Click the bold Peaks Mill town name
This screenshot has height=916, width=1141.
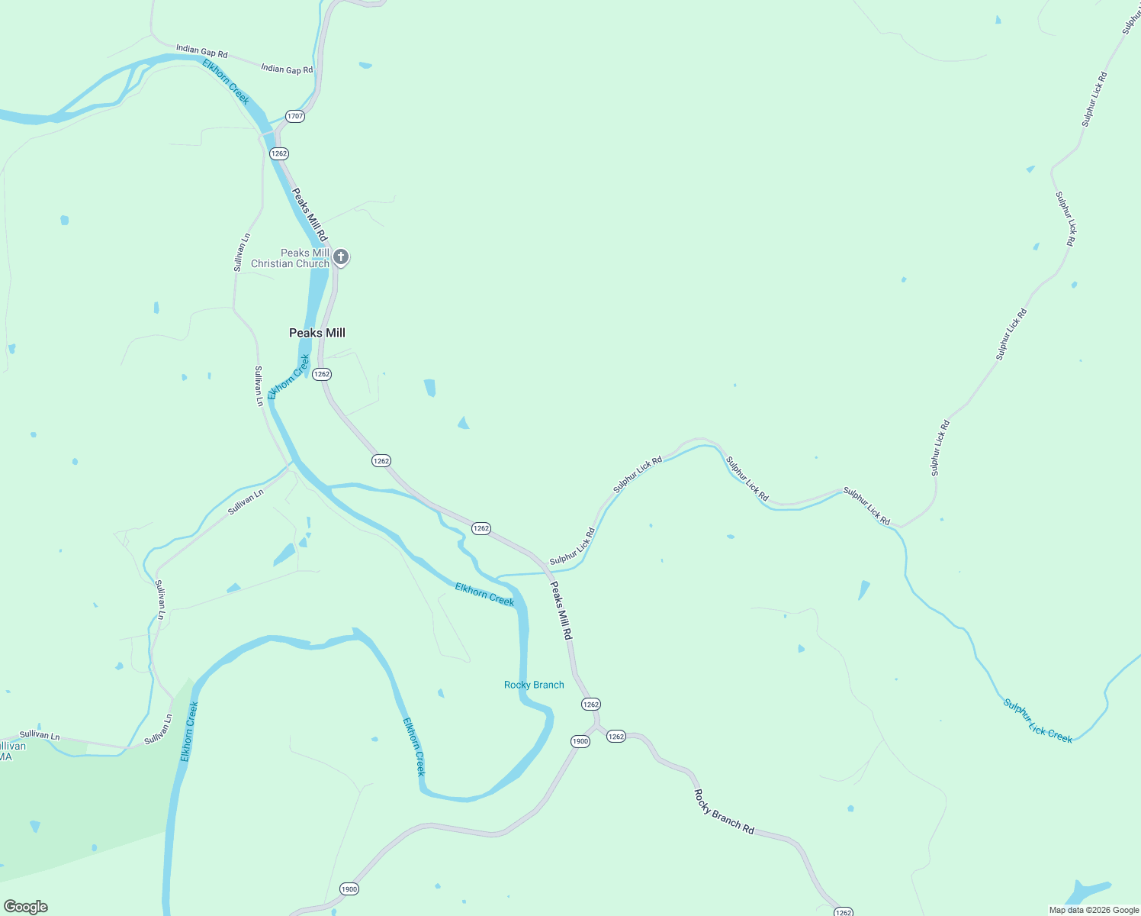(x=317, y=333)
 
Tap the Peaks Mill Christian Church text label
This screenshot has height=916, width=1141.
(x=291, y=258)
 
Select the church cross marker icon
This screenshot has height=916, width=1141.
(x=341, y=257)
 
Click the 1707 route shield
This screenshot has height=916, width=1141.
(x=295, y=117)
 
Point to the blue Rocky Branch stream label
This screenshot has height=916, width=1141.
(x=534, y=685)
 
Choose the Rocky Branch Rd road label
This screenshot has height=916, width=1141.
(x=724, y=811)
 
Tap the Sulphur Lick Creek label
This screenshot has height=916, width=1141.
(x=1037, y=721)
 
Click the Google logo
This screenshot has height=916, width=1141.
(x=26, y=907)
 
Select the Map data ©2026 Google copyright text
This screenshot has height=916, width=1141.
(x=1094, y=910)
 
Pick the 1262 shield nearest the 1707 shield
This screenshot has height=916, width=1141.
(x=279, y=153)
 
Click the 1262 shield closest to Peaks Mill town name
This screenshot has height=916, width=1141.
(x=322, y=374)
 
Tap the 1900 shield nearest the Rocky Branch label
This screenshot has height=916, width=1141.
(x=580, y=741)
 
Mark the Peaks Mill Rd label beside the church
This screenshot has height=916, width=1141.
(x=310, y=214)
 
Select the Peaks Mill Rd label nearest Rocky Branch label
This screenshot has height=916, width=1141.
(x=561, y=611)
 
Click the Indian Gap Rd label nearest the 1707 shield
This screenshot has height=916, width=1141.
(x=287, y=69)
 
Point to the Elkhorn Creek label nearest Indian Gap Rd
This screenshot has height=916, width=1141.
(x=227, y=82)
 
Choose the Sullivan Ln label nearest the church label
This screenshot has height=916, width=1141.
(x=241, y=253)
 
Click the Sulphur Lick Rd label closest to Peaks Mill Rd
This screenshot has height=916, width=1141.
(x=572, y=547)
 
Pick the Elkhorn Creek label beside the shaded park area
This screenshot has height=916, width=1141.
(x=189, y=731)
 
